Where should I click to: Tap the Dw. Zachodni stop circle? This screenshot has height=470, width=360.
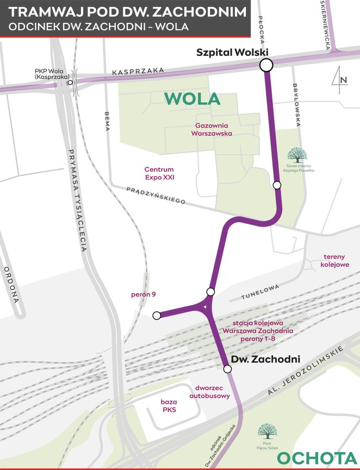tap(227, 369)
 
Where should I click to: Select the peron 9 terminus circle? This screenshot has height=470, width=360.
tap(157, 315)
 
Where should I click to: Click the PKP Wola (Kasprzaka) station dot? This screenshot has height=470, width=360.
tap(70, 83)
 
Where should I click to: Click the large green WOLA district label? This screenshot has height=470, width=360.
tap(193, 99)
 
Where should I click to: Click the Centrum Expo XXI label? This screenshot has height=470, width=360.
tap(159, 173)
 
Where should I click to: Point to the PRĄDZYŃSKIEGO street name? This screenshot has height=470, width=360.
tap(156, 196)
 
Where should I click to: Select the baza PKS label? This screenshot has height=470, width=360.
tap(168, 406)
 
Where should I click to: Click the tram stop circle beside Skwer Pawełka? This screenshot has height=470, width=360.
tap(277, 185)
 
